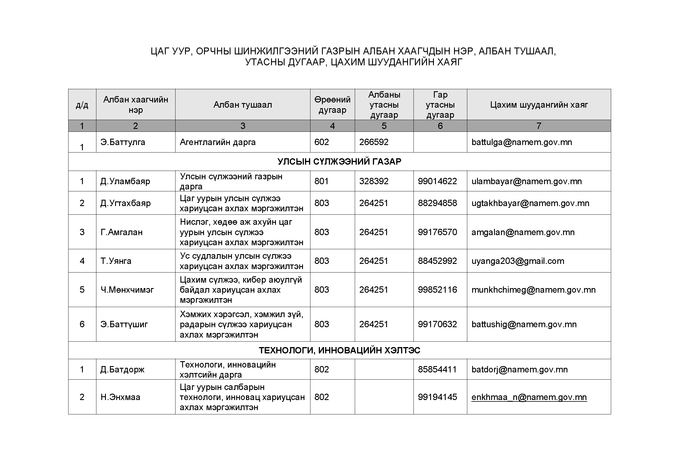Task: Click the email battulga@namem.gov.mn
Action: coord(521,142)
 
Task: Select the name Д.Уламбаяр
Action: coord(125,181)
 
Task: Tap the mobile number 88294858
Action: coord(437,203)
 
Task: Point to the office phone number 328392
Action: coord(374,181)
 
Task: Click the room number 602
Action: coord(322,142)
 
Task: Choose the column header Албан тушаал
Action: coord(243,105)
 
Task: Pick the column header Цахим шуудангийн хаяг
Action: coord(539,105)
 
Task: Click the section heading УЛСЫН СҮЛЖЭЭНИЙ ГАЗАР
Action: coord(339,161)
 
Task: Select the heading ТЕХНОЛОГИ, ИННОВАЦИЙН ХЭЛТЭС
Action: coord(339,350)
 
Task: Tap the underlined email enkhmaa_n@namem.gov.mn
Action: coord(529,397)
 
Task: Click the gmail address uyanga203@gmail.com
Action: coord(518,261)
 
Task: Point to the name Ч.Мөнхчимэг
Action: coord(127,290)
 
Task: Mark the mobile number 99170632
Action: coord(437,324)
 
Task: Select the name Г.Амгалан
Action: coord(121,232)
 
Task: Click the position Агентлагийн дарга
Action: coord(218,142)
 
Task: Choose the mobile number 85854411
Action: coord(437,369)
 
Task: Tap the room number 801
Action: coord(322,181)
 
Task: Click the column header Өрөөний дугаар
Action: coord(332,105)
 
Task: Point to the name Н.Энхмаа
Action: coord(121,397)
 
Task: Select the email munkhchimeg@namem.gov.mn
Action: coord(533,290)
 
